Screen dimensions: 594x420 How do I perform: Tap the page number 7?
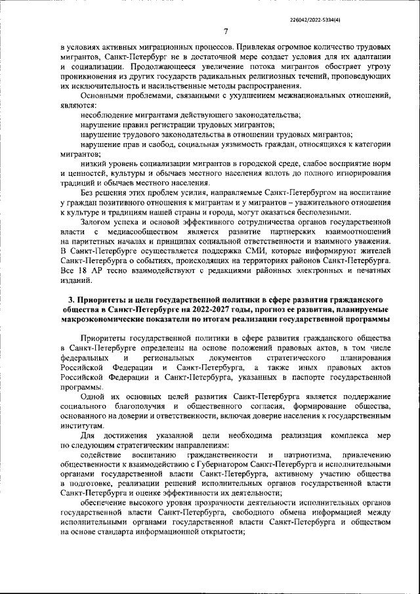pos(225,32)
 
